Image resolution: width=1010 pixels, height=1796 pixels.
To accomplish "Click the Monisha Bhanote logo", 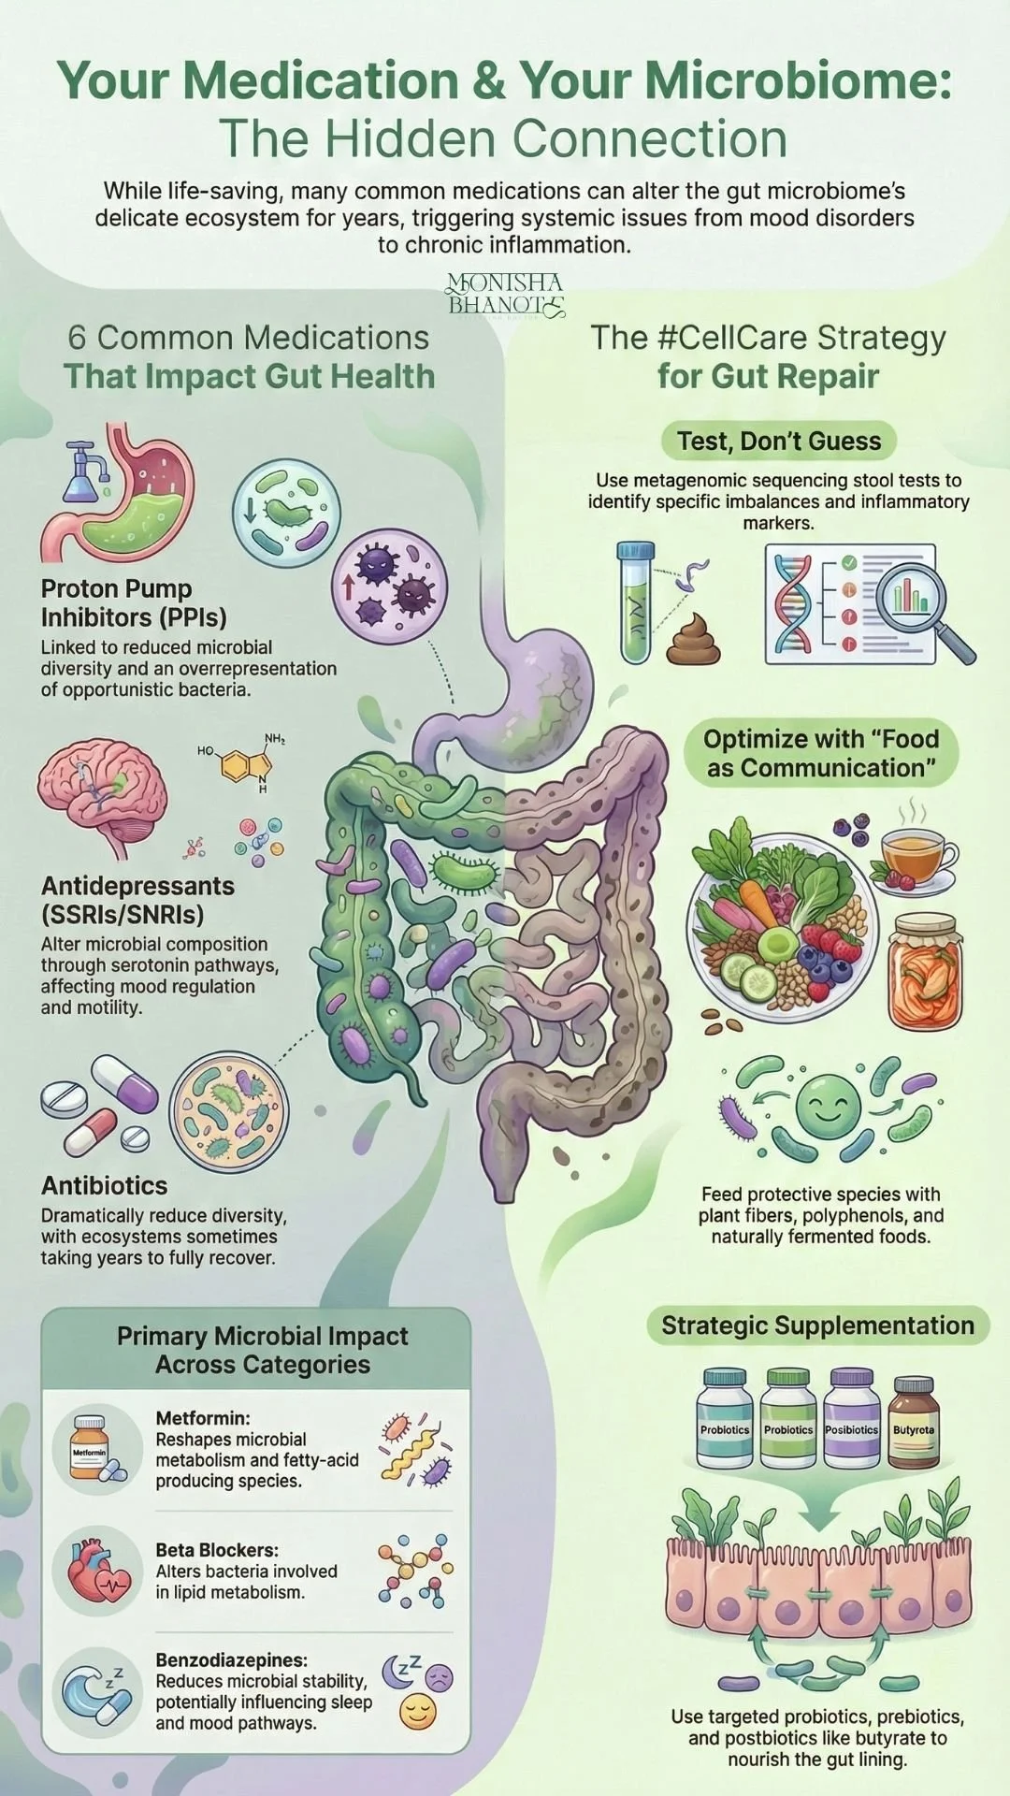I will (x=505, y=295).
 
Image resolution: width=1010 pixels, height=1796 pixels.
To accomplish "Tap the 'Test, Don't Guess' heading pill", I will (x=779, y=441).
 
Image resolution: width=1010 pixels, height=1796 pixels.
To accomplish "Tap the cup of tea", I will (x=916, y=853).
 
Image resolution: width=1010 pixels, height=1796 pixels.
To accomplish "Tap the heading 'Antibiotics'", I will (x=105, y=1185).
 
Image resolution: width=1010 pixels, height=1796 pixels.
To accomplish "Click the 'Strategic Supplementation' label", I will (x=817, y=1325).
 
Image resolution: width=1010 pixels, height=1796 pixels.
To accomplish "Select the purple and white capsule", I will (x=125, y=1083).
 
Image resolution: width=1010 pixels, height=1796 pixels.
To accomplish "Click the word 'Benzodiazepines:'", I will (x=231, y=1660).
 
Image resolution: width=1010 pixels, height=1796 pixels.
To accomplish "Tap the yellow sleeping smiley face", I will (x=418, y=1712).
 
